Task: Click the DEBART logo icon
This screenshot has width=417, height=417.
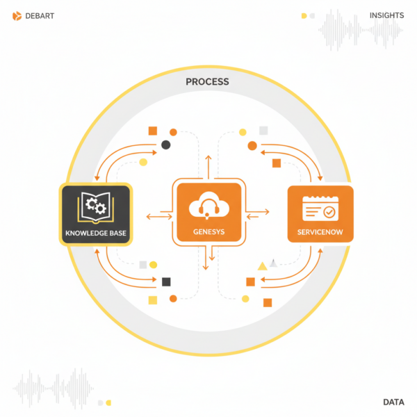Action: point(17,15)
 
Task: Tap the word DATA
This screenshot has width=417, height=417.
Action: point(394,402)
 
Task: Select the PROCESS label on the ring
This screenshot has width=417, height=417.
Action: point(207,82)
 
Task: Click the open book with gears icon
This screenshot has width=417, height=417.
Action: point(95,206)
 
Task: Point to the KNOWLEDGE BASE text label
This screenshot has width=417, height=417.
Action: point(95,232)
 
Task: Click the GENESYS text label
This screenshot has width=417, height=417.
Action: point(208,232)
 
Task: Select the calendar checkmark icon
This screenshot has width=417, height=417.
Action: point(320,207)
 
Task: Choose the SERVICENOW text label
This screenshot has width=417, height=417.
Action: point(320,232)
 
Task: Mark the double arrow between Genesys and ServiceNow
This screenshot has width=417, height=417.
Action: point(258,211)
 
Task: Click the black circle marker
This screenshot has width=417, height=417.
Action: point(165,145)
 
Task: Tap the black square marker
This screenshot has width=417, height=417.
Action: point(166,281)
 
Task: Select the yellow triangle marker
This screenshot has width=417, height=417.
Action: point(262,265)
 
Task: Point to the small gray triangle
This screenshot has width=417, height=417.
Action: point(275,263)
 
